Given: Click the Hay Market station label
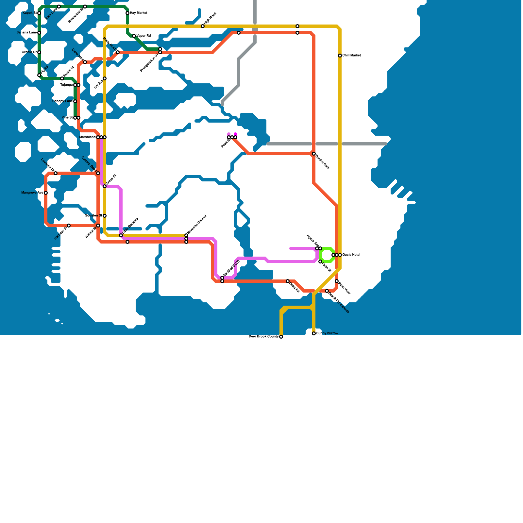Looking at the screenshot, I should pos(139,13).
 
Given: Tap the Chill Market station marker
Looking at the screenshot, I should pos(340,56).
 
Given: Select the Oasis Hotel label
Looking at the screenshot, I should pos(351,255).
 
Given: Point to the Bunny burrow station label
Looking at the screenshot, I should pos(327,333).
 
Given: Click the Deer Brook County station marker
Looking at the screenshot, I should pos(281,337).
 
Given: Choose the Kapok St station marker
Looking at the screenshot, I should pos(39,13).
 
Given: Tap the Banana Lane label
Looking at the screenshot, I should pos(26,33).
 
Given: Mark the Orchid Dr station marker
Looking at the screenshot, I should pos(39,52).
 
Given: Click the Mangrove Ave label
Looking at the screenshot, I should pos(32,193).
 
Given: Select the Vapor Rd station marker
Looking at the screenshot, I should pos(134,36).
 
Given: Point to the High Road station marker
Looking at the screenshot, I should pos(203,26).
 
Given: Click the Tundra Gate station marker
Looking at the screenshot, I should pos(314,154).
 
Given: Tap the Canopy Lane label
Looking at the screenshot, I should pos(62,101).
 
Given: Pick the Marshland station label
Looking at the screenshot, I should pos(88,137).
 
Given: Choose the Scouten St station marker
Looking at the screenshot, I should pos(105,216).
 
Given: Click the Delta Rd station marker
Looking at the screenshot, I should pos(288,281).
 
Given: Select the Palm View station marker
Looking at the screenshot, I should pos(337,281).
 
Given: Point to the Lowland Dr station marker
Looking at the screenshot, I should pos(56,173).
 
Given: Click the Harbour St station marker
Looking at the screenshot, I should pos(69,226).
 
